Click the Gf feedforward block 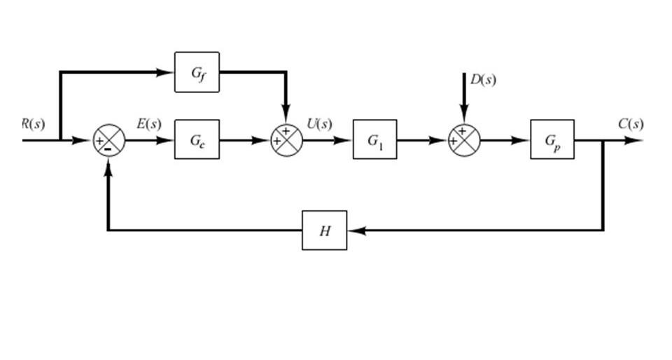[x=197, y=72]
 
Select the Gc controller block [x=197, y=139]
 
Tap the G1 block [x=374, y=139]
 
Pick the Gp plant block [x=552, y=139]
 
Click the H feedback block [x=324, y=230]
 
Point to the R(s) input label [x=32, y=124]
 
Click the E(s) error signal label [x=148, y=124]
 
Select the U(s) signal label [x=319, y=124]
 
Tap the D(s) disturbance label [x=483, y=79]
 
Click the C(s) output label [x=630, y=124]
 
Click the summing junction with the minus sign [x=108, y=141]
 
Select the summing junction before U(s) [x=286, y=140]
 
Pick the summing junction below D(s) [x=463, y=140]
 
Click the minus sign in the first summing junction [x=107, y=150]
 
